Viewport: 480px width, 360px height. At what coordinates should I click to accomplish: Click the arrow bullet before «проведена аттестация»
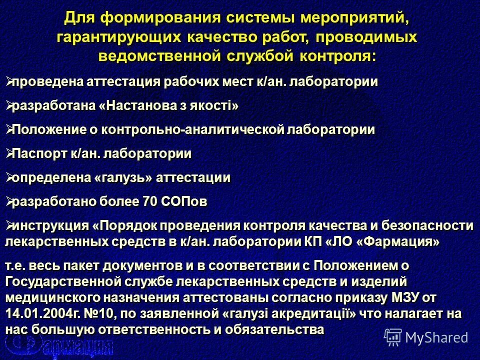coord(7,80)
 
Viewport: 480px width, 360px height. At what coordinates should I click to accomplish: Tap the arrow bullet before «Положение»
coord(7,129)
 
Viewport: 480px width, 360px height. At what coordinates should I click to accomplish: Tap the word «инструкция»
coord(49,225)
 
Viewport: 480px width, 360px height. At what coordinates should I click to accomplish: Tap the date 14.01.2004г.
coord(46,314)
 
